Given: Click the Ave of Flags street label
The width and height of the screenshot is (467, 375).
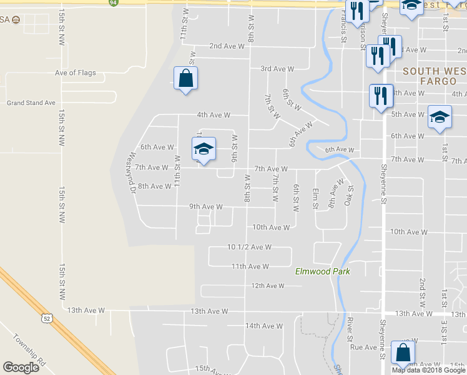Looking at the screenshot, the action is click(76, 73).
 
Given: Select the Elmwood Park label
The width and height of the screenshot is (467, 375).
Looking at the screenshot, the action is click(322, 271).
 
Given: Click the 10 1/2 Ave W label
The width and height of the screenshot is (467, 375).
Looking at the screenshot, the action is click(249, 247).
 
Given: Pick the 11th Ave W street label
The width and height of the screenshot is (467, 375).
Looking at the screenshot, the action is click(250, 266).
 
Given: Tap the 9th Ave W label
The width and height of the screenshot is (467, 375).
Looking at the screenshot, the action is click(206, 207).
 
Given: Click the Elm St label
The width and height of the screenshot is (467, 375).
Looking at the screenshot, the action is click(315, 198).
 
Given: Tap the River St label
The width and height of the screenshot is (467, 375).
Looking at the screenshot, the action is click(350, 329).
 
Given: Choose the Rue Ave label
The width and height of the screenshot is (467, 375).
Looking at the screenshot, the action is click(364, 347).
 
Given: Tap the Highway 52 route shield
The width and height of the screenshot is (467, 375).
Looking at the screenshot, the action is click(47, 319).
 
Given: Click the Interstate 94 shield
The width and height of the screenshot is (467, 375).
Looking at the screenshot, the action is click(112, 2).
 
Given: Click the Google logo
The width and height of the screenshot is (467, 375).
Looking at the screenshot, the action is click(21, 367).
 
